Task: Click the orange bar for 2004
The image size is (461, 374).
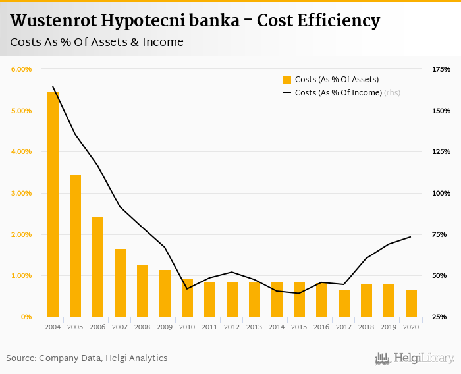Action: pos(53,204)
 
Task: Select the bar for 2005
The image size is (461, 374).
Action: pos(75,246)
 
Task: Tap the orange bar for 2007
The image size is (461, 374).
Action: pos(120,282)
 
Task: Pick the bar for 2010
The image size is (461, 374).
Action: pos(187,298)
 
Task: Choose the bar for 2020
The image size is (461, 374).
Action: pos(411,304)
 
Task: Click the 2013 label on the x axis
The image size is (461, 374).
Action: pos(254,327)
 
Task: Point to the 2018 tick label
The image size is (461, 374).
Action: pos(366,327)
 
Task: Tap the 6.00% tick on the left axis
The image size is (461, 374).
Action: pos(21,69)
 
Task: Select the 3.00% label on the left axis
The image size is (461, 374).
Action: pos(21,193)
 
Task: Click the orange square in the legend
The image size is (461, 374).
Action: pos(287,80)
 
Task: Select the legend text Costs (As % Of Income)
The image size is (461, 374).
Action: pos(338,93)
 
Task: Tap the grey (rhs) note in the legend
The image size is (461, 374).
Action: pos(393,93)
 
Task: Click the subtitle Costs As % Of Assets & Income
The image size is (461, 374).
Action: pos(97,43)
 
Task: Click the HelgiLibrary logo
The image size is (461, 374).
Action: pos(415,358)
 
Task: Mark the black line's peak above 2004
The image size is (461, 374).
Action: pos(53,86)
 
